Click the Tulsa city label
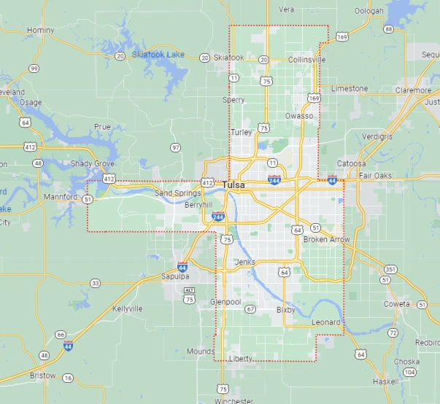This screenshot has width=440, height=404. pos(235,185)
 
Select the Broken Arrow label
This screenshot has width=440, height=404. pos(326,239)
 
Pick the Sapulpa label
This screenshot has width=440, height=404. pos(175,276)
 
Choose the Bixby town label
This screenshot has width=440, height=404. pos(285,310)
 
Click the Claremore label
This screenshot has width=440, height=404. pos(413,90)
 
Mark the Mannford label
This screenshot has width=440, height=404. pos(60,197)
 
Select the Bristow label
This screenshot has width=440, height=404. pos(42,376)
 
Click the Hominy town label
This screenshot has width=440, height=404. pos(40,30)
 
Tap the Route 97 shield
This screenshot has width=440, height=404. pos(175,147)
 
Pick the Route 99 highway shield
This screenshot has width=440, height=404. pos(34,69)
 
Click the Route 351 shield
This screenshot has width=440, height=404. pos(390,269)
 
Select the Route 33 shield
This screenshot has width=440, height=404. pos(96,283)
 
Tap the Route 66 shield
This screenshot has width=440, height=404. pos(61,335)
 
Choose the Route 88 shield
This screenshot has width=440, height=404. pos(388,29)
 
